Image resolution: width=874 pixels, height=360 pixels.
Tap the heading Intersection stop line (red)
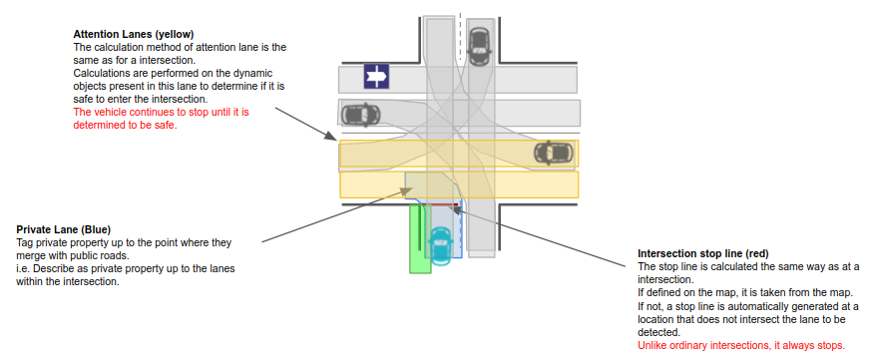[x=702, y=253]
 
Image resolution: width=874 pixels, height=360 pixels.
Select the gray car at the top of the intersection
[x=480, y=43]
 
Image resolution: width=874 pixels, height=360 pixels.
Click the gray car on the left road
[x=360, y=114]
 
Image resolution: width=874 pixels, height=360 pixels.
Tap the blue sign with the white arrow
[x=375, y=76]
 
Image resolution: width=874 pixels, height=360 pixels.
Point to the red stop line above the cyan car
[x=440, y=204]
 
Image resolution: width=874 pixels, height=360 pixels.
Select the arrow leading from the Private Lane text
[x=330, y=212]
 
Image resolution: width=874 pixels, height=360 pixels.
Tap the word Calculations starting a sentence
[x=107, y=74]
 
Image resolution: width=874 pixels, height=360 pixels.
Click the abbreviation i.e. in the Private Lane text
[x=24, y=268]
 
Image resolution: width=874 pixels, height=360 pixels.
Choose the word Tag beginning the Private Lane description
[x=27, y=242]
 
